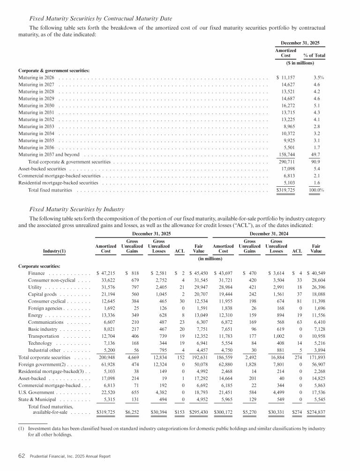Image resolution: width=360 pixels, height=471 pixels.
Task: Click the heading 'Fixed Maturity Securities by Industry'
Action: pyautogui.click(x=77, y=209)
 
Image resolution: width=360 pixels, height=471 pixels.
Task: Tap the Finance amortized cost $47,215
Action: pyautogui.click(x=105, y=272)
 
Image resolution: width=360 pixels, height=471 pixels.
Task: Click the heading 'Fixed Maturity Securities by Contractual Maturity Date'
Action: pyautogui.click(x=101, y=18)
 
